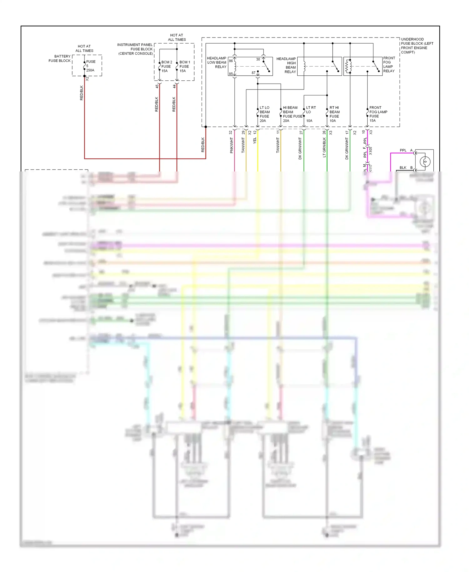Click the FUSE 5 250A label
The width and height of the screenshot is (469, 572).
point(90,66)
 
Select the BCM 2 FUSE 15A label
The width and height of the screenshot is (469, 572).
point(166,66)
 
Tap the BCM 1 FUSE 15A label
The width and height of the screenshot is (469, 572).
point(184,66)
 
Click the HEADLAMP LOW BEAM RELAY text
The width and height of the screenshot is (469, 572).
point(217,62)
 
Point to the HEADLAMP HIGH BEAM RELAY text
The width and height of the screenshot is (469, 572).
point(286,65)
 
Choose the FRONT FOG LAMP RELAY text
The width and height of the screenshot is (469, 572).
point(389,64)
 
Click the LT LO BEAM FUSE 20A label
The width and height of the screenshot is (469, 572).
point(265,114)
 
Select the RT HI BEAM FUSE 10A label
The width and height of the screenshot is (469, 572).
point(334,114)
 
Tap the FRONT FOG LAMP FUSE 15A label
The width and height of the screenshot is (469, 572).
point(378,114)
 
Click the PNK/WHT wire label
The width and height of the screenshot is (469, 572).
point(232,146)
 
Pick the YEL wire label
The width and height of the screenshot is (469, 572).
point(255,140)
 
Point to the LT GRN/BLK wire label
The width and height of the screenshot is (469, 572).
point(325,147)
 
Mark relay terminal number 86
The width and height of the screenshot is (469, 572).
point(231,61)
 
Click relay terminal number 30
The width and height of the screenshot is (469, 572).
point(258,59)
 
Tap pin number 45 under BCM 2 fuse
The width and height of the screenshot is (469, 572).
point(157,86)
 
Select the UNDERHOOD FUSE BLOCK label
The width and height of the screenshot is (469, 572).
point(417,46)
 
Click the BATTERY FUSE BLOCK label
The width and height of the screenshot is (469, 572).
point(60,59)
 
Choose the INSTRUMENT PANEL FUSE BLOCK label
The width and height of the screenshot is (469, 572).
point(135,49)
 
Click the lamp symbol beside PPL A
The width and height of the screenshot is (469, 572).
point(425,161)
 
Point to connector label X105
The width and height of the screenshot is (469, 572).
point(371,151)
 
